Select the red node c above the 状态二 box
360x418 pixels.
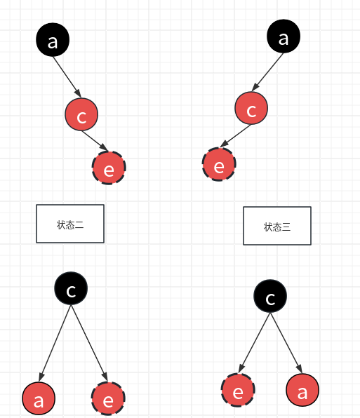pyautogui.click(x=81, y=115)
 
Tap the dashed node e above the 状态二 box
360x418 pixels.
pyautogui.click(x=109, y=168)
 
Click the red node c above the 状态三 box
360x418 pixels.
pyautogui.click(x=251, y=109)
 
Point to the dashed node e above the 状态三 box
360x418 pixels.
pyautogui.click(x=219, y=165)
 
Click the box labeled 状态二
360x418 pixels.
pyautogui.click(x=70, y=224)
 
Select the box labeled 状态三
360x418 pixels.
pyautogui.click(x=276, y=226)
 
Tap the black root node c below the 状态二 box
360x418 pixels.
pyautogui.click(x=71, y=288)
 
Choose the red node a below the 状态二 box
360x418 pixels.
pyautogui.click(x=39, y=399)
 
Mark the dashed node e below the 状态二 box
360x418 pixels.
pyautogui.click(x=109, y=399)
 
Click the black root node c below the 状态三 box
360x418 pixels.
pyautogui.click(x=271, y=298)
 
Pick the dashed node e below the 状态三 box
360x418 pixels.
pyautogui.click(x=238, y=391)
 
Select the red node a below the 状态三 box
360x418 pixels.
pyautogui.click(x=302, y=391)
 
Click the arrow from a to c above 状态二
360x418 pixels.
pyautogui.click(x=68, y=76)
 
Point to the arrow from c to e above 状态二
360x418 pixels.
pyautogui.click(x=96, y=140)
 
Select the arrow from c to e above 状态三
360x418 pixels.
pyautogui.click(x=236, y=137)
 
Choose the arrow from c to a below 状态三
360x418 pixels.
pyautogui.click(x=286, y=344)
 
